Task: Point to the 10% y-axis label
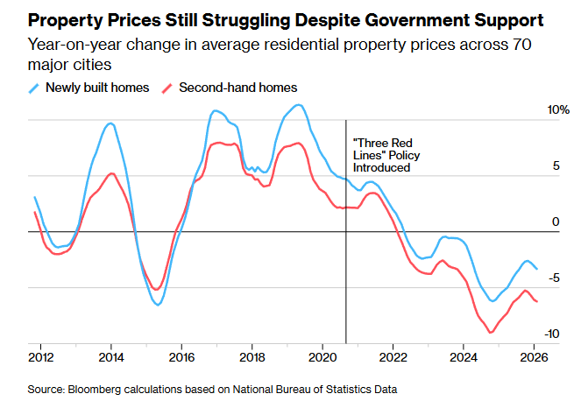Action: tap(558, 110)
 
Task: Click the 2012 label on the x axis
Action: tap(39, 357)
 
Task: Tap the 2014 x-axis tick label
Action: tap(110, 357)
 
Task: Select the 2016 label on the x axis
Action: tap(181, 357)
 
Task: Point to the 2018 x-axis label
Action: tap(252, 357)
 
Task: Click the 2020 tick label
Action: tap(323, 357)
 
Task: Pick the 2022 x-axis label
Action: tap(393, 357)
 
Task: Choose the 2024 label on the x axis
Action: tap(464, 357)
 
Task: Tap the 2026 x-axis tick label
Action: tap(535, 357)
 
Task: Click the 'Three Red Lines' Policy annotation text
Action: tap(381, 154)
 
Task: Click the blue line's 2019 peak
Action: tap(299, 105)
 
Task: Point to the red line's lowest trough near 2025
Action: tap(490, 333)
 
